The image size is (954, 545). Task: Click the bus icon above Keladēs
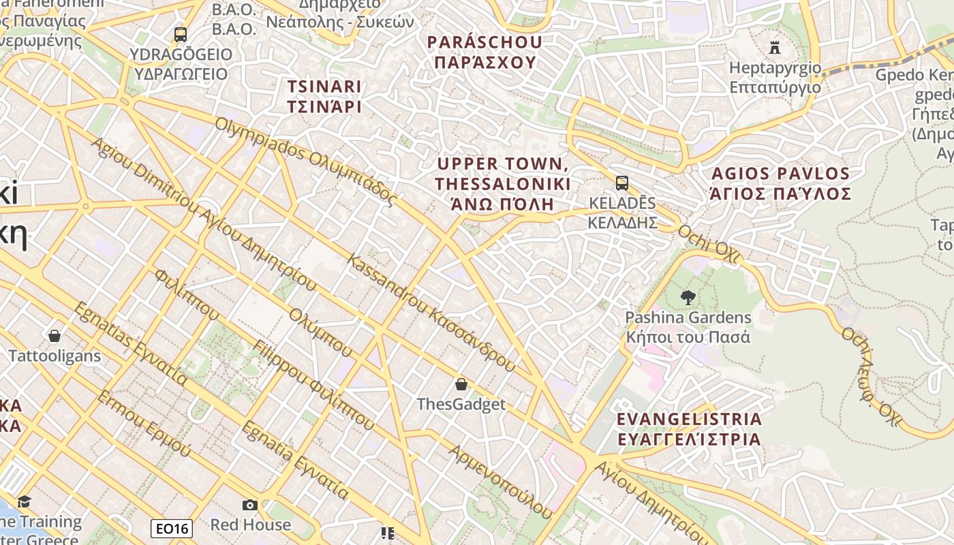click(x=621, y=183)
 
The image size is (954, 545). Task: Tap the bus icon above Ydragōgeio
click(x=180, y=34)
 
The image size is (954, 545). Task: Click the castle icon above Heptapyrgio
click(x=774, y=47)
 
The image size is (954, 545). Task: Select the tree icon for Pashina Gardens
click(x=688, y=298)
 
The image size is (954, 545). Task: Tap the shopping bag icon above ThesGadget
click(x=461, y=384)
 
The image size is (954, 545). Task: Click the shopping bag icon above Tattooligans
click(x=55, y=335)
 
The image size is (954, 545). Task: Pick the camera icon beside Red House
click(x=250, y=505)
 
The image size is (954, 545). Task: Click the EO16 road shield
click(x=172, y=528)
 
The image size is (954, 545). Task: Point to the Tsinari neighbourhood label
click(x=324, y=97)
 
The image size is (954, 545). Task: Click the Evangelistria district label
click(x=689, y=429)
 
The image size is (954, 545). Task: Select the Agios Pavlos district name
click(x=780, y=183)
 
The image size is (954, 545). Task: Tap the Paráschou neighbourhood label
click(x=484, y=52)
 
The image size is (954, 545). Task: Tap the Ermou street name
click(x=144, y=423)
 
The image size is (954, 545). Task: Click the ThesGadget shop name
click(x=461, y=404)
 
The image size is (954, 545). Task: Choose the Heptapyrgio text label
click(x=775, y=77)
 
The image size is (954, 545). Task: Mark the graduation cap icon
click(x=25, y=502)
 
